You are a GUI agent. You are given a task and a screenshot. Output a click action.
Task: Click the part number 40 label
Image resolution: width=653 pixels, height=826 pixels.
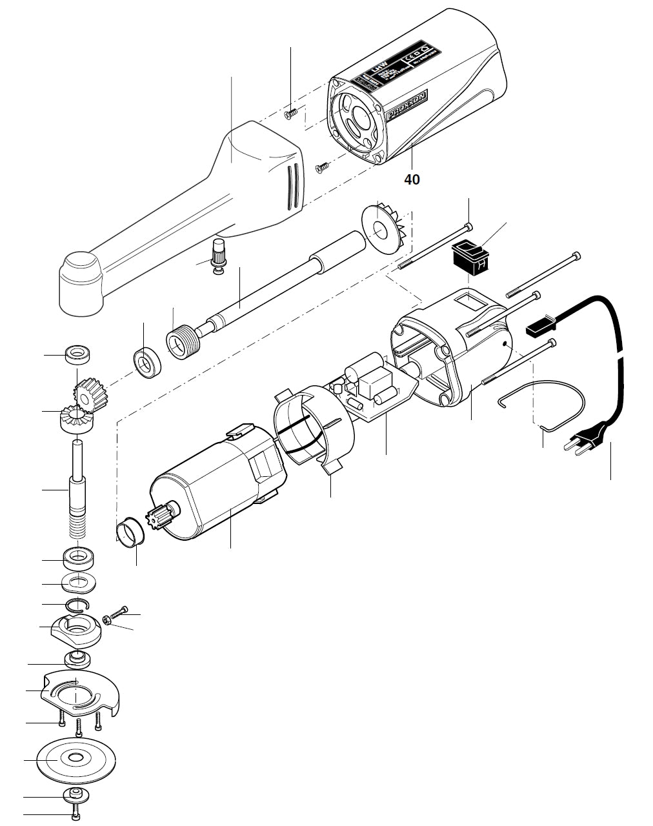pos(412,179)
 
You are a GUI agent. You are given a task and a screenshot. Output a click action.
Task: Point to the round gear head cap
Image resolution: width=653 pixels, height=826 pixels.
pos(81,285)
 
